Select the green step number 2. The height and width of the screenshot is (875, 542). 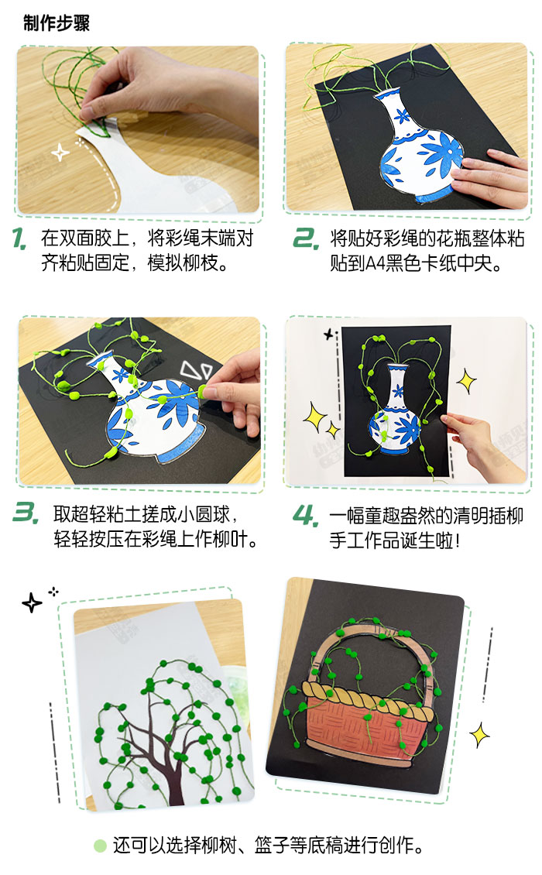(304, 238)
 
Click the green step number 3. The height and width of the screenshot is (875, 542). (26, 513)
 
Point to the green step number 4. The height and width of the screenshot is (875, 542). (304, 514)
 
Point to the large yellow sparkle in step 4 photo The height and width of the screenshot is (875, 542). (467, 380)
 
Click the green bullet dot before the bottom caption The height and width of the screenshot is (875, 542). (100, 845)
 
